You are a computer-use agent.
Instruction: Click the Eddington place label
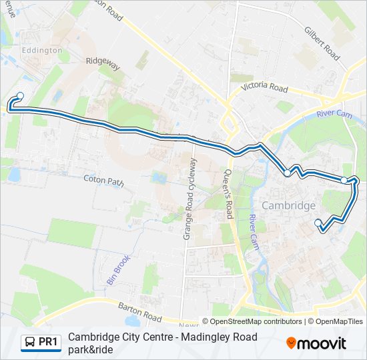(42, 50)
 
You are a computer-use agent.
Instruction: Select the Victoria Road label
(264, 88)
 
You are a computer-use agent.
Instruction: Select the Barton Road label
(141, 312)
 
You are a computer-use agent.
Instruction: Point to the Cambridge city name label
(288, 205)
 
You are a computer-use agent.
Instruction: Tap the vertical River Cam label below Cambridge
(253, 233)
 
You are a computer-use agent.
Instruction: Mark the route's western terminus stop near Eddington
(20, 95)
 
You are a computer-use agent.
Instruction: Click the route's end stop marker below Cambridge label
(318, 222)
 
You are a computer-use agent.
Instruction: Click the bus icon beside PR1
(30, 343)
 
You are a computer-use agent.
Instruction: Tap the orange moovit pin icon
(291, 343)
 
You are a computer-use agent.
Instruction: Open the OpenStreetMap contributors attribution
(253, 321)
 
